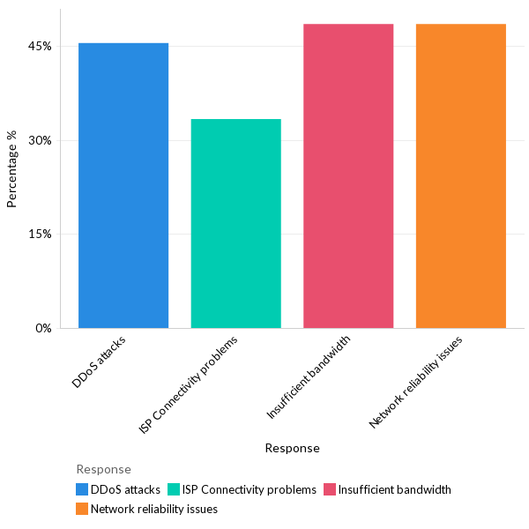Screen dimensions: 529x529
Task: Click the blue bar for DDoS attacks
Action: (x=123, y=185)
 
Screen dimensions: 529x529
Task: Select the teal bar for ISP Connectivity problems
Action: (x=236, y=223)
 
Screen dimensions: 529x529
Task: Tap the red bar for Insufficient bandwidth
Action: (x=348, y=176)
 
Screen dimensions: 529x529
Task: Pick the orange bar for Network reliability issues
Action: (x=461, y=176)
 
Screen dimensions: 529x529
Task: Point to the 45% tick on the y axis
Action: (x=41, y=46)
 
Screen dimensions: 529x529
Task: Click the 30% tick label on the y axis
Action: (x=41, y=140)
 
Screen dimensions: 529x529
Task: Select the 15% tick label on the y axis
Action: (x=41, y=235)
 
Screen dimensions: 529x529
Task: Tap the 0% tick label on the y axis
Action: (x=44, y=329)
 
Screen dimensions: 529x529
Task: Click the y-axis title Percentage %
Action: (x=12, y=168)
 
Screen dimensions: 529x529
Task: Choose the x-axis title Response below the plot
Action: (x=292, y=448)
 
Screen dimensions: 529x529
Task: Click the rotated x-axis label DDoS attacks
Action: (x=100, y=361)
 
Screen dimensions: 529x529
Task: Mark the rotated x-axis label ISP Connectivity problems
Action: (x=189, y=384)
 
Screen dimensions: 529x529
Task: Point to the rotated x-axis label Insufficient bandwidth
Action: (x=309, y=376)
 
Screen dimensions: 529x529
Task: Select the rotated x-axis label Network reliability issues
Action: (x=416, y=382)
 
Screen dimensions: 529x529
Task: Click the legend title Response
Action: (x=103, y=469)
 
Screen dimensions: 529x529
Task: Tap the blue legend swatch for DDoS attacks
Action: (x=82, y=489)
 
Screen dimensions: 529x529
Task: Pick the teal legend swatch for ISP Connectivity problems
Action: (x=174, y=489)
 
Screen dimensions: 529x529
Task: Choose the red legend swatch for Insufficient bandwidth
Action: (x=330, y=489)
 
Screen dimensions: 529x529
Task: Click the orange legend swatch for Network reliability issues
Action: (x=82, y=509)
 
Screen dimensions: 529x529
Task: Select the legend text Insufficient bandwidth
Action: (x=395, y=489)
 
